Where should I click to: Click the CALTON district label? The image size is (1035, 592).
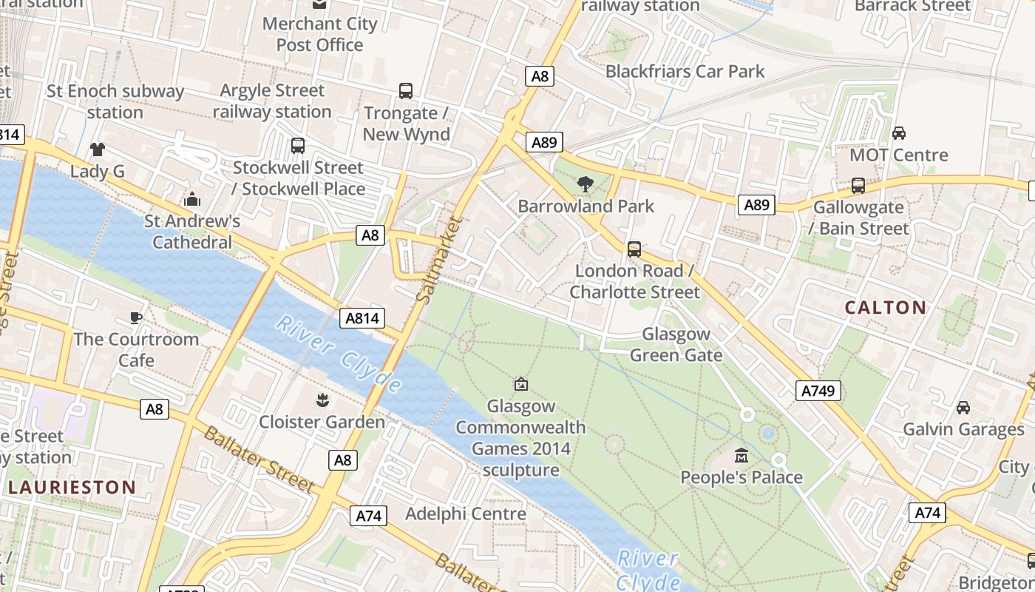[885, 307]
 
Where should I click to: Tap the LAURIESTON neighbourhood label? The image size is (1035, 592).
[72, 487]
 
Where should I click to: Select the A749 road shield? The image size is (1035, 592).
[818, 391]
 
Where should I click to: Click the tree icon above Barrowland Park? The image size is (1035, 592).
[586, 184]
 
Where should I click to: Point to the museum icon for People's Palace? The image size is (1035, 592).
[741, 455]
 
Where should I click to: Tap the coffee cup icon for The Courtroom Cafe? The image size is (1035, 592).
[136, 317]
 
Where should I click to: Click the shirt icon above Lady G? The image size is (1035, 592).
[98, 149]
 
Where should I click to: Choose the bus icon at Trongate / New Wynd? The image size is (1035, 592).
[406, 91]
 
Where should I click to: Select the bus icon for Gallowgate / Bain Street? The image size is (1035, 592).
[858, 186]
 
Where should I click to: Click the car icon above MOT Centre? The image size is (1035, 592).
[898, 133]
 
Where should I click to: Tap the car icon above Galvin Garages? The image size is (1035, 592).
[963, 407]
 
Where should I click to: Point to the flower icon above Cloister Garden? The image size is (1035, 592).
[322, 400]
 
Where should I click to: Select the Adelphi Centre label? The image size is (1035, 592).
[466, 514]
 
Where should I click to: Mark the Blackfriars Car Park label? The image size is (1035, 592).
[685, 71]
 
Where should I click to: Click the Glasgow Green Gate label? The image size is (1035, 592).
[676, 344]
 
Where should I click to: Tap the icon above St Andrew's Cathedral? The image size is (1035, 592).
[192, 199]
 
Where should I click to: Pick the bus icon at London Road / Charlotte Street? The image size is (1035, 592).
[634, 249]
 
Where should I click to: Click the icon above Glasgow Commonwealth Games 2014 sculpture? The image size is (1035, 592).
[521, 384]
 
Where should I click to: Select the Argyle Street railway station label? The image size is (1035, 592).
[272, 101]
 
